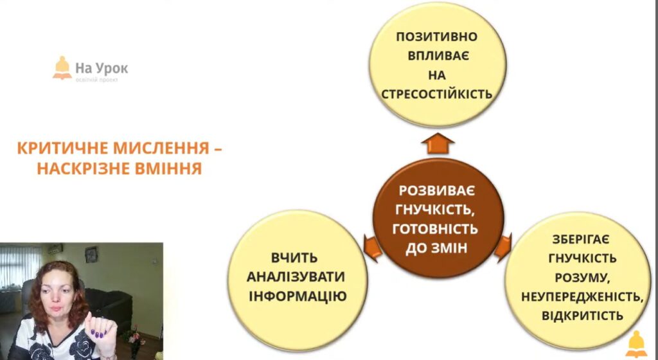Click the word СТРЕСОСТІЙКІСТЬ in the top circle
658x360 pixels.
coord(436,94)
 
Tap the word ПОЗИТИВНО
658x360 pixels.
coord(437,37)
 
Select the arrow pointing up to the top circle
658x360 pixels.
coord(438,143)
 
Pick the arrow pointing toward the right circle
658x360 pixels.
coord(502,247)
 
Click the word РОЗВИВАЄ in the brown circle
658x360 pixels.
coord(437,191)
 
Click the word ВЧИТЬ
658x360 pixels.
coord(294,257)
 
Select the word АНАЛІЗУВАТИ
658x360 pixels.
coord(296,276)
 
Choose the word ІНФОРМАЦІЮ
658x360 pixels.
coord(298,296)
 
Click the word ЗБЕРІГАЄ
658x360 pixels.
coord(581,239)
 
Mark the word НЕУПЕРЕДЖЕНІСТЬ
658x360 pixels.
coord(582,296)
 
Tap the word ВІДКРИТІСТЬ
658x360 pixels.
coord(582,316)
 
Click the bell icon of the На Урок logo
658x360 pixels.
coord(62,68)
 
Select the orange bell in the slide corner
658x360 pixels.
coord(636,344)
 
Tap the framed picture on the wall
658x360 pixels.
coord(91,255)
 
